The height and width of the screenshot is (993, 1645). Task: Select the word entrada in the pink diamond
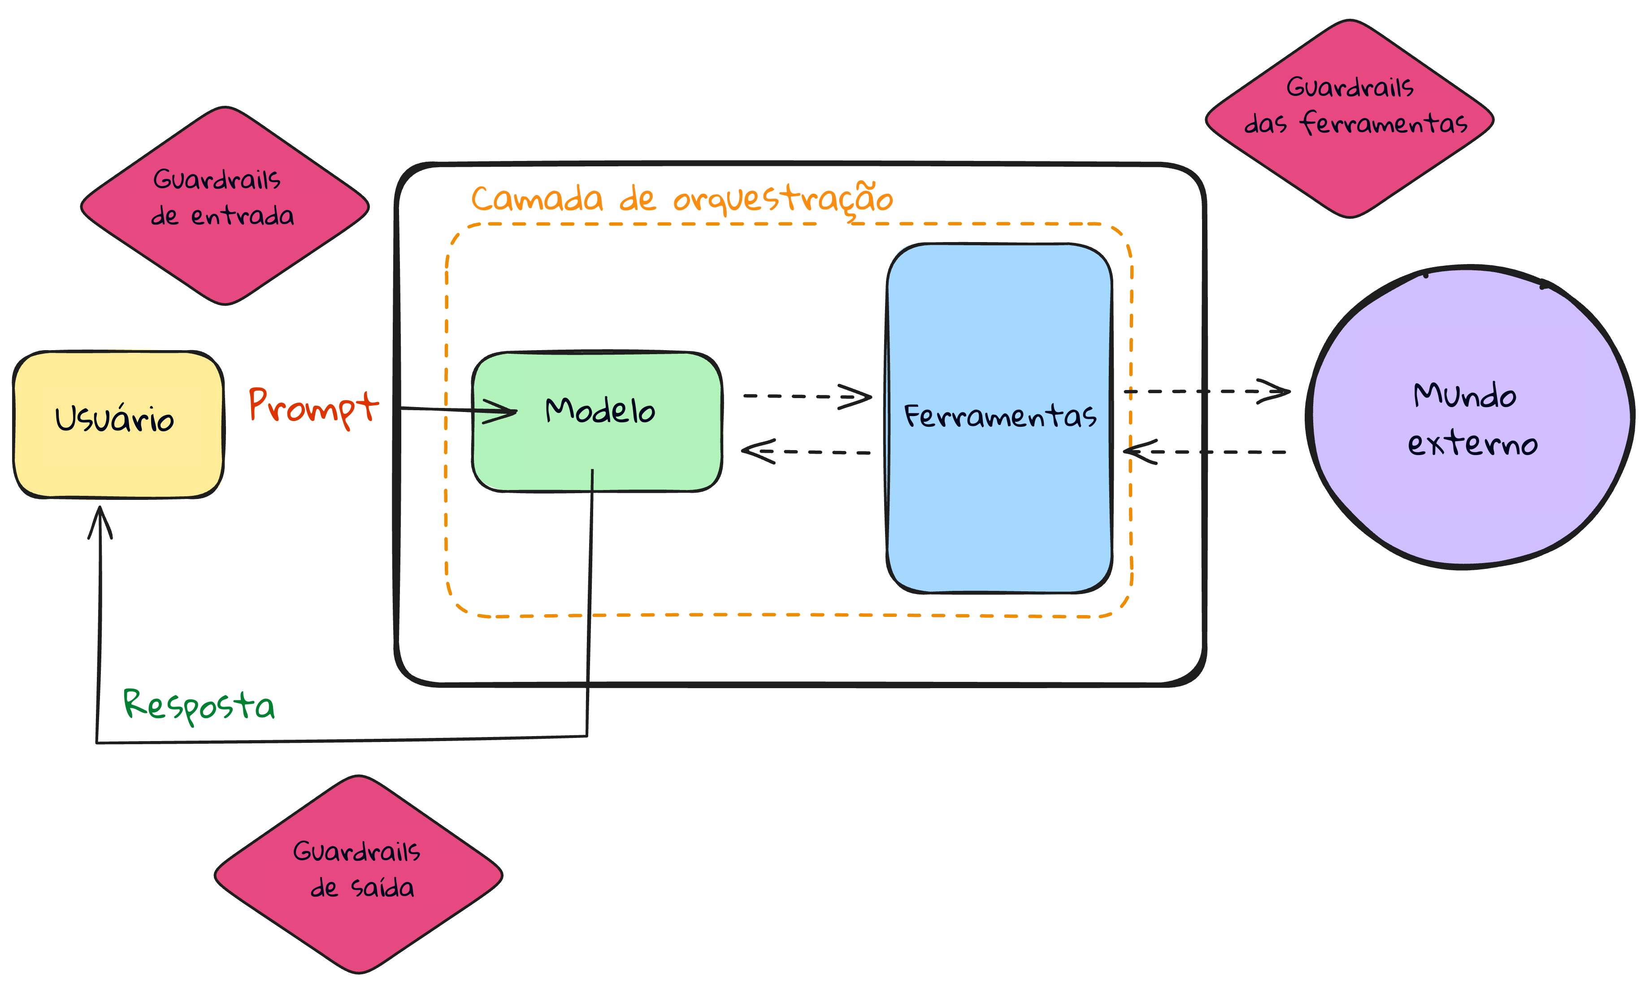pyautogui.click(x=243, y=216)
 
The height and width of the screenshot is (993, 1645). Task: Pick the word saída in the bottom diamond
pyautogui.click(x=382, y=888)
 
